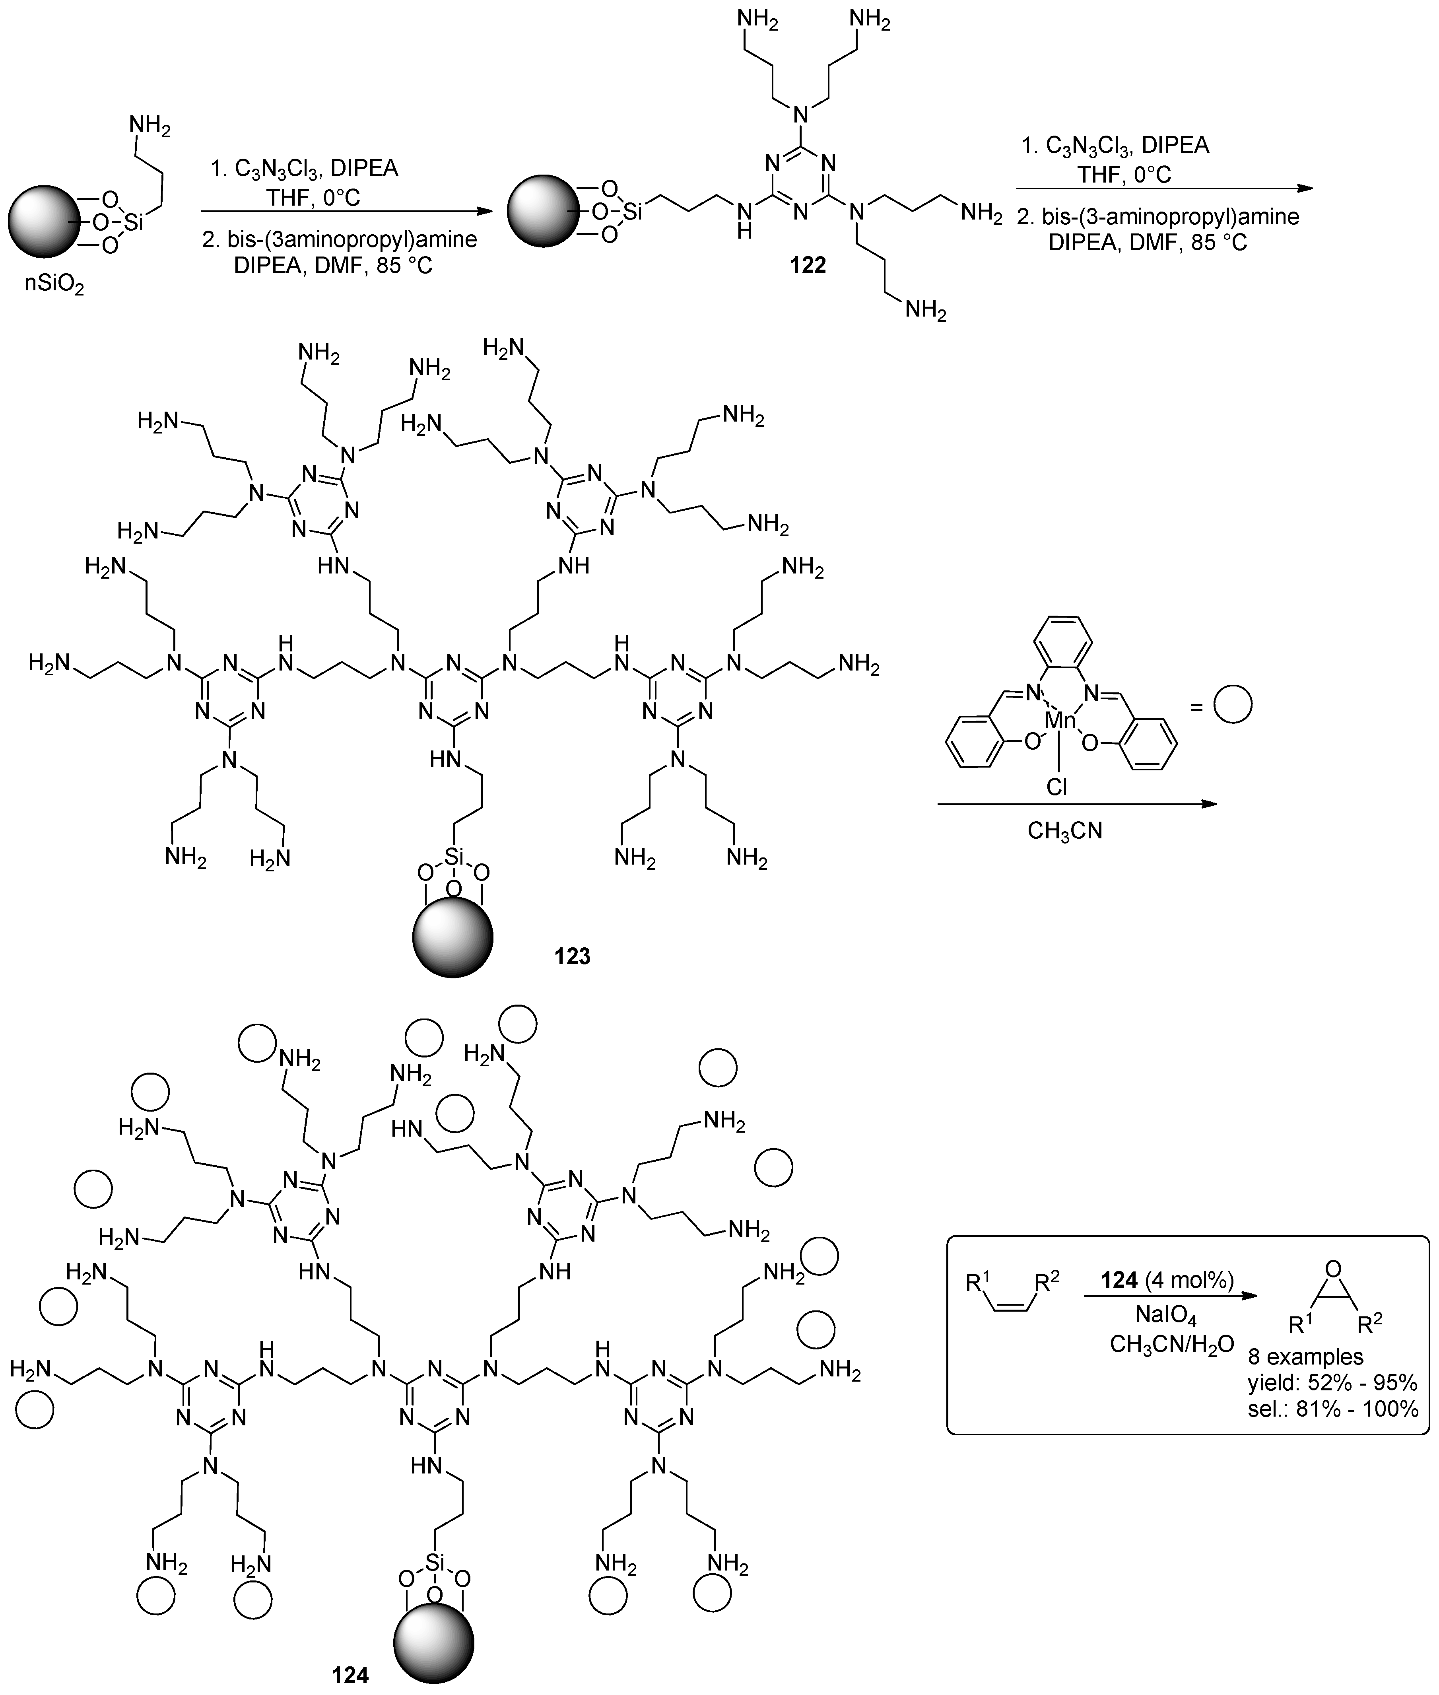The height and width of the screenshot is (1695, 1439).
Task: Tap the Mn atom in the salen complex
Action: [1060, 719]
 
